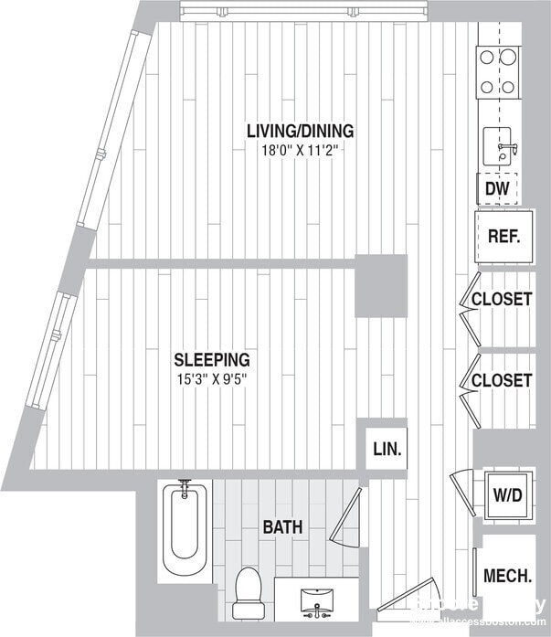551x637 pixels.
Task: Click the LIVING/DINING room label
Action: (300, 131)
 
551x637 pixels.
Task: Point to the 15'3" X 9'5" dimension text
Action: (211, 378)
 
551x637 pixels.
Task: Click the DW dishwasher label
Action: (496, 189)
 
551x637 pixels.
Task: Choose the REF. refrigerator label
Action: (503, 236)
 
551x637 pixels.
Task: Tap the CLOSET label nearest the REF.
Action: (502, 299)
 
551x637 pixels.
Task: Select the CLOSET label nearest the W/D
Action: (502, 379)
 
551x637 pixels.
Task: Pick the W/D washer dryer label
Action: (508, 496)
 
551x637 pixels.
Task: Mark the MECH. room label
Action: (507, 576)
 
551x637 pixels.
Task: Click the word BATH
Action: (282, 527)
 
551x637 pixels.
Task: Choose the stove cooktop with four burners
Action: (499, 72)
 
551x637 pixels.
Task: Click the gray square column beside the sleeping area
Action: (380, 286)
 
